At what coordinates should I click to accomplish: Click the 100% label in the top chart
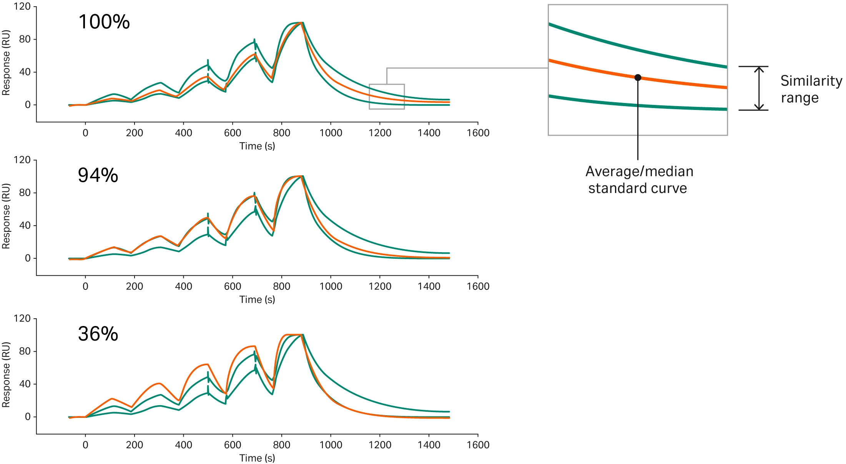pyautogui.click(x=104, y=22)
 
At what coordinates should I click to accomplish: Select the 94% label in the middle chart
pyautogui.click(x=98, y=175)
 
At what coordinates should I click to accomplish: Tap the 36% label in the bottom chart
pyautogui.click(x=98, y=334)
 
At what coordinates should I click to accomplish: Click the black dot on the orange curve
pyautogui.click(x=638, y=78)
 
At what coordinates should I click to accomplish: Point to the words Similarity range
pyautogui.click(x=811, y=89)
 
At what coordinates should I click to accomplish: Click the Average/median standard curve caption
pyautogui.click(x=639, y=180)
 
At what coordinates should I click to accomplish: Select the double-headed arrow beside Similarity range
pyautogui.click(x=759, y=88)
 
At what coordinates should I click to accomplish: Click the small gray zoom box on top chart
pyautogui.click(x=387, y=96)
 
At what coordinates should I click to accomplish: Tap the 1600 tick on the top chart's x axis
pyautogui.click(x=478, y=133)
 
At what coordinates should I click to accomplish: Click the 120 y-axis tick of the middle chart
pyautogui.click(x=22, y=160)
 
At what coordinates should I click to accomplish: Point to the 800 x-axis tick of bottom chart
pyautogui.click(x=281, y=445)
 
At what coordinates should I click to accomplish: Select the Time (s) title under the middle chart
pyautogui.click(x=257, y=299)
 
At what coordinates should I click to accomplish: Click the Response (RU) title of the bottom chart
pyautogui.click(x=6, y=375)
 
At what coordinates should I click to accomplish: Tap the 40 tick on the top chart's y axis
pyautogui.click(x=25, y=72)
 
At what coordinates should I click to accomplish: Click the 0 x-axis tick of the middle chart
pyautogui.click(x=85, y=286)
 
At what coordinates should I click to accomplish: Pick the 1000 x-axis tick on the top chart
pyautogui.click(x=331, y=133)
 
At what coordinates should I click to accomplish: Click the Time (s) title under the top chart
pyautogui.click(x=257, y=146)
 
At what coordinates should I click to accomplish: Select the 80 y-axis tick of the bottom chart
pyautogui.click(x=25, y=351)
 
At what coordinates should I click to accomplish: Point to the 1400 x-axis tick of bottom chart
pyautogui.click(x=429, y=445)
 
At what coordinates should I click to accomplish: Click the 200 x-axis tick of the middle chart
pyautogui.click(x=135, y=286)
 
